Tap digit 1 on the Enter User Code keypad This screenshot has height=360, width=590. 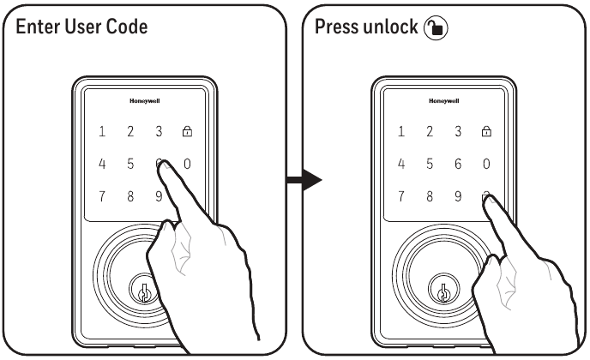[x=102, y=132]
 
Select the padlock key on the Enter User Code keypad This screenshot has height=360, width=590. [x=187, y=132]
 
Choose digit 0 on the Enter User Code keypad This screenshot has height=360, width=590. [x=187, y=164]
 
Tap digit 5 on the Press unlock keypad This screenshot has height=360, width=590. [x=429, y=164]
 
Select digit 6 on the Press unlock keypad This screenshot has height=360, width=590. [x=458, y=164]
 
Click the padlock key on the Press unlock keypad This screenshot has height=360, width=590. [x=486, y=132]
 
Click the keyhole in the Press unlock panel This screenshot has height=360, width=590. [x=442, y=291]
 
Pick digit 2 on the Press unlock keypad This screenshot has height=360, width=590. [x=429, y=132]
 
